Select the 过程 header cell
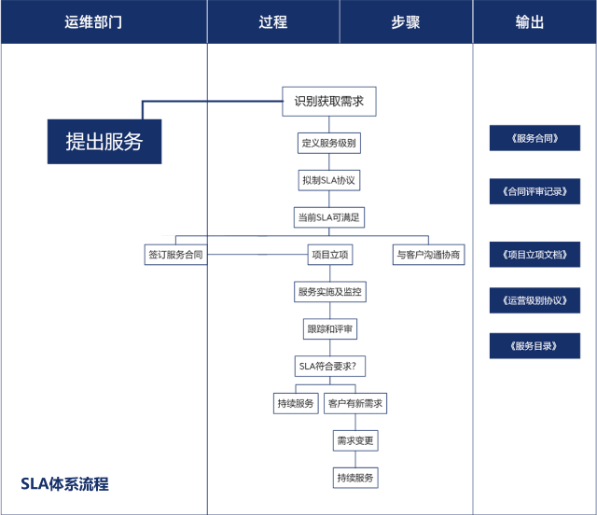tap(272, 22)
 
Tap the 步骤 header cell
tap(405, 22)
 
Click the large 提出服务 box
tap(104, 142)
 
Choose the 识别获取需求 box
tap(329, 102)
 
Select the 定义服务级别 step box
tap(328, 144)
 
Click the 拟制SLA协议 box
tap(328, 179)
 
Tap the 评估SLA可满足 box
tap(328, 217)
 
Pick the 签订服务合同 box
tap(174, 254)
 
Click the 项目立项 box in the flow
tap(329, 254)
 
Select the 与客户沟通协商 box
tap(427, 254)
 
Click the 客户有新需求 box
tap(355, 403)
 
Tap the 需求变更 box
tap(354, 439)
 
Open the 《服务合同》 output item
tap(535, 138)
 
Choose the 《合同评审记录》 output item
tap(535, 192)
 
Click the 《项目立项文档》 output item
tap(535, 254)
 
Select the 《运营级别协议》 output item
tap(535, 300)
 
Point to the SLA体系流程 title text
tap(64, 484)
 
